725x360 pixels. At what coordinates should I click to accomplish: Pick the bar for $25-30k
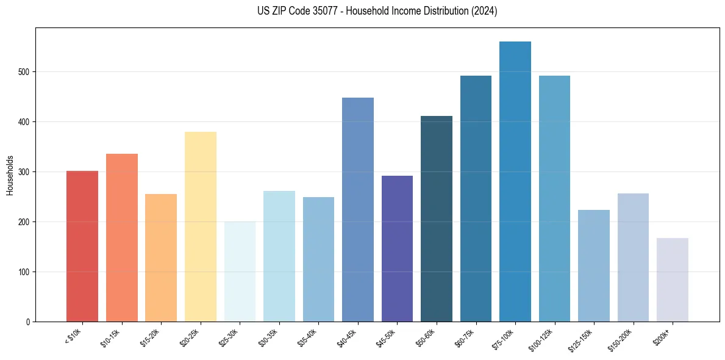coord(240,272)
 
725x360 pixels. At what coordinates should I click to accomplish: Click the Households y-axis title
coord(10,175)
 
